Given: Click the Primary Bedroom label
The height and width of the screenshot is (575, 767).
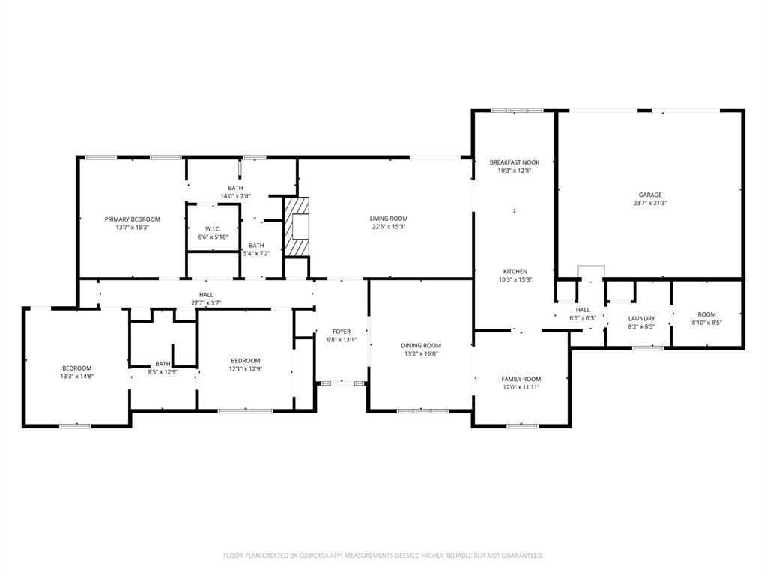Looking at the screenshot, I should point(132,219).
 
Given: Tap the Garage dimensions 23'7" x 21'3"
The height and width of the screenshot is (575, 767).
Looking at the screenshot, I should point(649,203).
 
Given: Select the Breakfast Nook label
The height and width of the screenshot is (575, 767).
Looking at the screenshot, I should point(514,162).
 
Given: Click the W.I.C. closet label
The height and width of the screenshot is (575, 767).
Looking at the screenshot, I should point(213,229).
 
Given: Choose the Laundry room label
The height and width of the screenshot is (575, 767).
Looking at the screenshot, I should point(641,318).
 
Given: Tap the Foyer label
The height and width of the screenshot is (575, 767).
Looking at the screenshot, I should point(342,332).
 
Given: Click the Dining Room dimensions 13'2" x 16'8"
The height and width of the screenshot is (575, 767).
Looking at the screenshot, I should point(421,354).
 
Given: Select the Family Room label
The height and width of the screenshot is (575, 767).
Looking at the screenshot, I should point(521,380).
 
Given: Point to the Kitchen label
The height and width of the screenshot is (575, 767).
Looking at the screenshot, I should point(515,271).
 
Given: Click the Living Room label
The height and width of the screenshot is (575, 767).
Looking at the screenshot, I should point(388,219).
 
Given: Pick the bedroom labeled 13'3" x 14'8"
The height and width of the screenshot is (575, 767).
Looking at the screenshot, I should point(76,372).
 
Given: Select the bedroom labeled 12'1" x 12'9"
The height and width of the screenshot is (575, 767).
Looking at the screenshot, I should point(246,365).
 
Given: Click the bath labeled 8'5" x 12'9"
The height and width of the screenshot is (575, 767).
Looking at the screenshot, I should point(163,368).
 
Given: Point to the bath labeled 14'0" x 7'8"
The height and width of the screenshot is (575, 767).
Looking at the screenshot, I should point(235,192).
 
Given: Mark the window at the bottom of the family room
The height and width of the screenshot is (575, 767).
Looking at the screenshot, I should point(522,426).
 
